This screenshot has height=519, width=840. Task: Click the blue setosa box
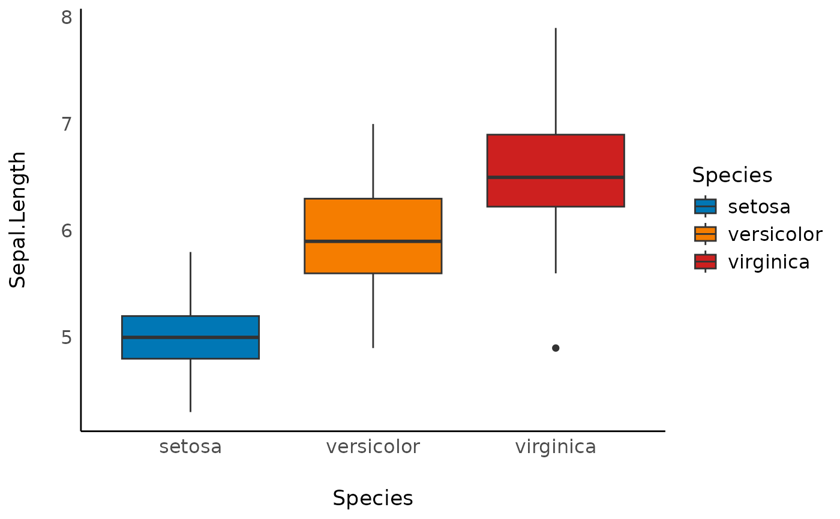[190, 348]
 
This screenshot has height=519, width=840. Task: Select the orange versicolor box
[373, 219]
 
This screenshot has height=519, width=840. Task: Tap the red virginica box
[556, 156]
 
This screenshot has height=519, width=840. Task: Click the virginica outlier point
[556, 348]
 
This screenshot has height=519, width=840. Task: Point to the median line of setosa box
[190, 337]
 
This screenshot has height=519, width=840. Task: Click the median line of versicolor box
[373, 241]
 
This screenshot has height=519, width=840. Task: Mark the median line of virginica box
[556, 177]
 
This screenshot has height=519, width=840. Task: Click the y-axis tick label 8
[66, 17]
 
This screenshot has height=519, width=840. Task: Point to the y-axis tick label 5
[66, 337]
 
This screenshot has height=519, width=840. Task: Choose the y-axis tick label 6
[66, 231]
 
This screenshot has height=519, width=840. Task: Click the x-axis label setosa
[190, 447]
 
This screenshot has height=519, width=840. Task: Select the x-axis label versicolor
[373, 447]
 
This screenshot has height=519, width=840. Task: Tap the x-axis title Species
[373, 499]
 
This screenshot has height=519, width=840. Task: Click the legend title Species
[731, 175]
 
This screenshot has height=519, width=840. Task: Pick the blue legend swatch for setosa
[705, 206]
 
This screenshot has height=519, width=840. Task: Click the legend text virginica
[769, 262]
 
